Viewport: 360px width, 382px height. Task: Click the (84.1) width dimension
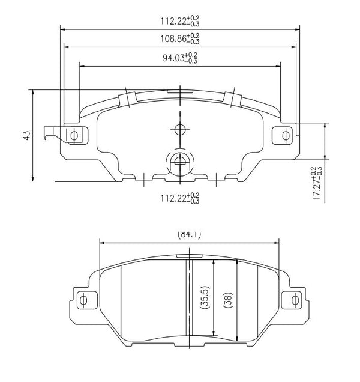click(189, 235)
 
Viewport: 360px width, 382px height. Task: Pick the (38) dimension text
click(227, 299)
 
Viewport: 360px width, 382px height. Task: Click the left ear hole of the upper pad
click(74, 135)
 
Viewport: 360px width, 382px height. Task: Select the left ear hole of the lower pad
click(83, 299)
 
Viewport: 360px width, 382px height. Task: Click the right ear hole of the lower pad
click(295, 299)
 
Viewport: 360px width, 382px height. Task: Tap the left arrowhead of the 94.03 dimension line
click(82, 66)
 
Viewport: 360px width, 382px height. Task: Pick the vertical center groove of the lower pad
click(189, 300)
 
